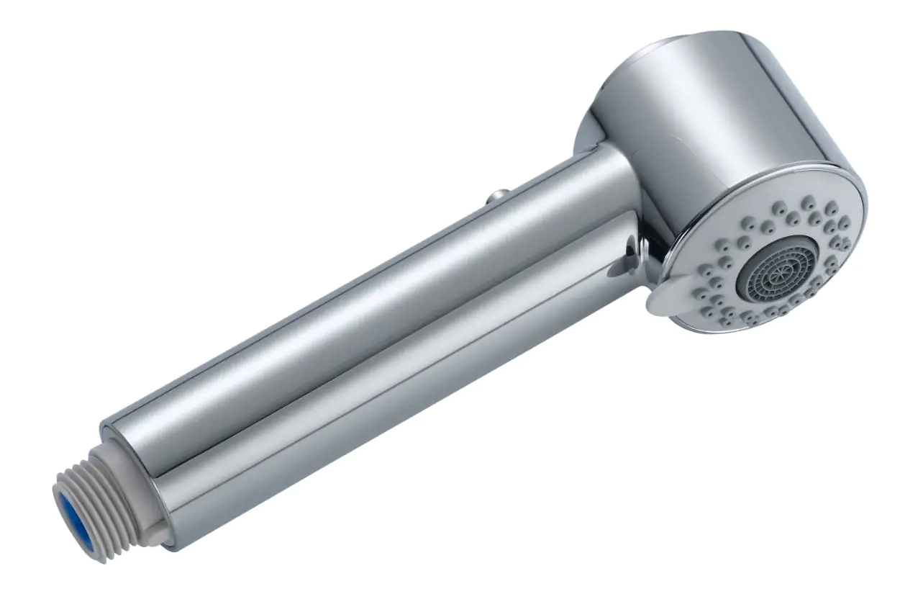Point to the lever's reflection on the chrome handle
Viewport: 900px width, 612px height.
click(x=624, y=259)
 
